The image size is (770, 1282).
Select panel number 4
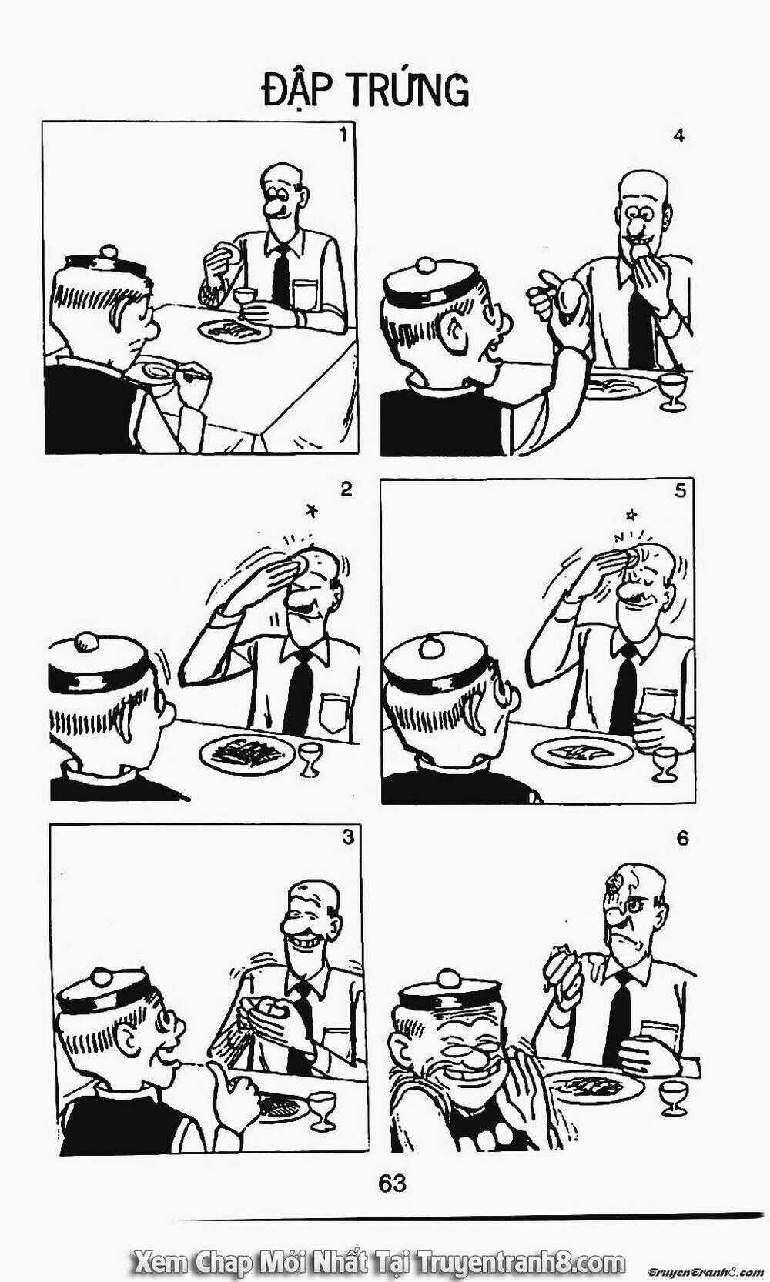coord(678,136)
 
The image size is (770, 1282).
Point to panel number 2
coord(346,489)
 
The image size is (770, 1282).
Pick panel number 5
coord(679,490)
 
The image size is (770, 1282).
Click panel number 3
coord(348,836)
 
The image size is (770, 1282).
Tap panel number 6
coord(682,838)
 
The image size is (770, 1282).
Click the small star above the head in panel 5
coord(631,512)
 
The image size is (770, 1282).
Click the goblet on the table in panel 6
coord(674,1096)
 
